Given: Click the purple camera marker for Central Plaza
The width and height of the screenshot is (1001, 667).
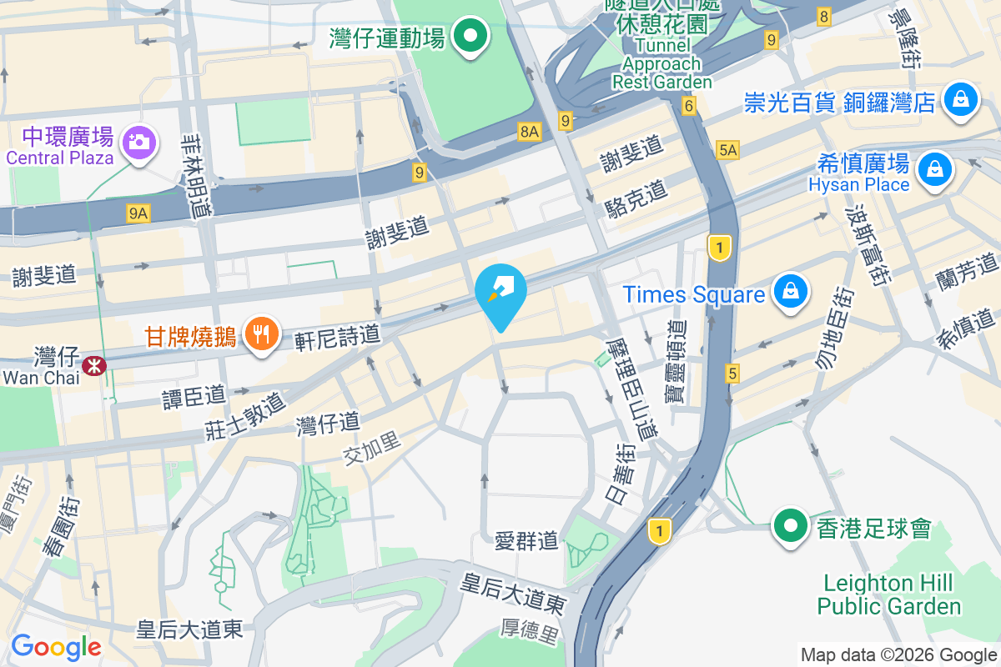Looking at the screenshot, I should (x=138, y=141).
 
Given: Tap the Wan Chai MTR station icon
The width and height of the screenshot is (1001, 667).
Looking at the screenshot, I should (x=93, y=364).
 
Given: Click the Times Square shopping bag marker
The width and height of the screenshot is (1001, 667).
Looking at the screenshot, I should (x=788, y=293).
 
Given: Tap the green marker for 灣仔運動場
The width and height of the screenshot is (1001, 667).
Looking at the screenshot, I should (x=470, y=37).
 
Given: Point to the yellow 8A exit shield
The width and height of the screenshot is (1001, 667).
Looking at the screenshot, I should (x=529, y=131).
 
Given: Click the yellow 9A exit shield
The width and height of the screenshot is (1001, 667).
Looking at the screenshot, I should (x=138, y=214).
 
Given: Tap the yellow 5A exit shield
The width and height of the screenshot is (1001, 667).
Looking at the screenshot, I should (x=727, y=149).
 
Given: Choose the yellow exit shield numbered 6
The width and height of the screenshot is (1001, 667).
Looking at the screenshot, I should (x=688, y=106).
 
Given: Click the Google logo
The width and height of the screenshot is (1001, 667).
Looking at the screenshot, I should (x=56, y=646).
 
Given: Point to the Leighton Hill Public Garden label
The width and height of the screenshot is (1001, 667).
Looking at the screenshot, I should (x=889, y=594).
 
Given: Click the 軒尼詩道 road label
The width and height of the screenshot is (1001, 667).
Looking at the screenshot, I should (x=338, y=336).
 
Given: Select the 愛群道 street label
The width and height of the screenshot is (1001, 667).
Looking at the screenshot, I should (x=526, y=541).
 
